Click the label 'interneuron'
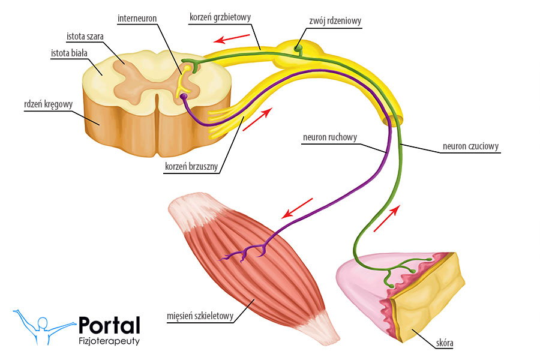137,19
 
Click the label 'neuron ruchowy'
331,137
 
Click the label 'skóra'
445,344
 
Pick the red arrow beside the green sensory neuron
386,218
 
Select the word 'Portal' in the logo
109,325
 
